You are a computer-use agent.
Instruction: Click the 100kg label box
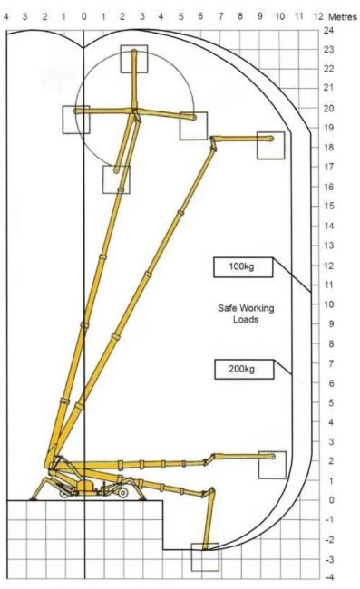[x=243, y=267]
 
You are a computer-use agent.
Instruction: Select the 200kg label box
[x=244, y=369]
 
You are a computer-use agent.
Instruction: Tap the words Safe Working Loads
[x=246, y=314]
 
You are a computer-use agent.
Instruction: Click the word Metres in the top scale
[x=343, y=17]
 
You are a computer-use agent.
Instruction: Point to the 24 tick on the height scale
[x=328, y=30]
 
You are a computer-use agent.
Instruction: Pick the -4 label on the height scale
[x=328, y=577]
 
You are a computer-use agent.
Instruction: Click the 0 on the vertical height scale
[x=331, y=500]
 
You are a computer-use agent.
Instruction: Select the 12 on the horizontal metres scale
[x=318, y=16]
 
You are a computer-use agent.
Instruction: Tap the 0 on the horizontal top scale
[x=83, y=16]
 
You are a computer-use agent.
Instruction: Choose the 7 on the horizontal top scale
[x=221, y=16]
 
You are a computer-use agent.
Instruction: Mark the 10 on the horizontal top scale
[x=279, y=16]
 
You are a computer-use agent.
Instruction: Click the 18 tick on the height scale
[x=328, y=147]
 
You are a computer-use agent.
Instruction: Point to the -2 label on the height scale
[x=328, y=539]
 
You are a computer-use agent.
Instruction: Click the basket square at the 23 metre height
[x=134, y=59]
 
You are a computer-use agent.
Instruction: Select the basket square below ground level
[x=205, y=557]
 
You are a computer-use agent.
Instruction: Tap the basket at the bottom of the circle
[x=116, y=179]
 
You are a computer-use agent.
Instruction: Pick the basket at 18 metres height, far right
[x=270, y=145]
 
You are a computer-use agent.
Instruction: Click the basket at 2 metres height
[x=272, y=465]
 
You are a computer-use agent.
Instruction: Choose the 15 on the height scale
[x=328, y=206]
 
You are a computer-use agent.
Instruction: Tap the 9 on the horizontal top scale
[x=260, y=16]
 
